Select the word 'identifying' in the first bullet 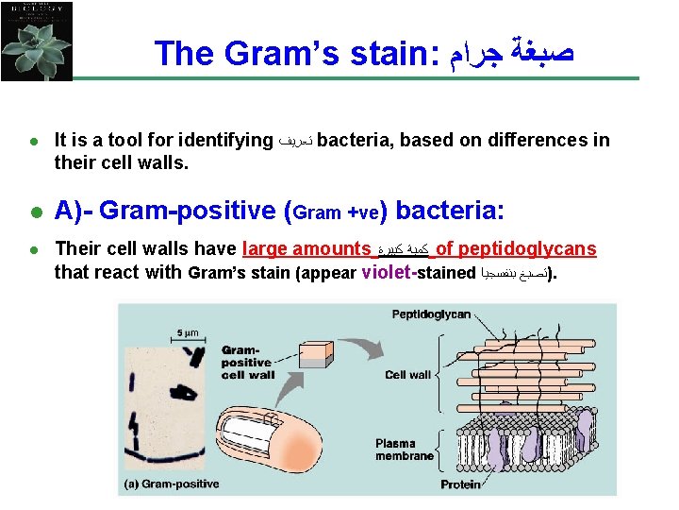226,141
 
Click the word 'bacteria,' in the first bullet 355,141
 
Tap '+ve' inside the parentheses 364,212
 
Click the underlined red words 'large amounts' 306,249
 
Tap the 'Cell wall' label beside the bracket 407,375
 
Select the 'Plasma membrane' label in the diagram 405,450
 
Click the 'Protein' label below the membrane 461,484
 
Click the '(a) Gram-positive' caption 172,484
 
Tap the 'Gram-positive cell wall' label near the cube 248,362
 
